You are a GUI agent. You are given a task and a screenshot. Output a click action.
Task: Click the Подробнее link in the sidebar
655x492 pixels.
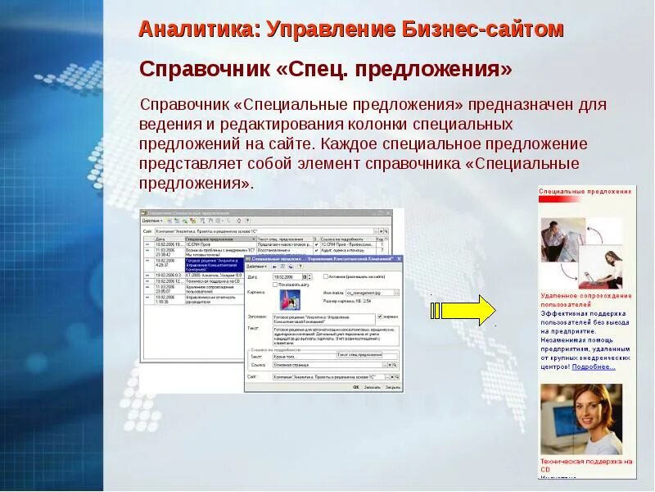(593, 367)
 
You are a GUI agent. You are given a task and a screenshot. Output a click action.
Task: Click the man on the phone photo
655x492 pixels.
(562, 239)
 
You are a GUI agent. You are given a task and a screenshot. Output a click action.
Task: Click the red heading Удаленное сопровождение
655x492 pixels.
(585, 295)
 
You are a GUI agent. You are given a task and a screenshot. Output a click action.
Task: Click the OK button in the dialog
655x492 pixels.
(356, 386)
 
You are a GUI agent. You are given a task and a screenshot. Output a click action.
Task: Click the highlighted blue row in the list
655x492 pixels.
(205, 262)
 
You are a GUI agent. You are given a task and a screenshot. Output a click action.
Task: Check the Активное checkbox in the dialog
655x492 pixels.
(325, 277)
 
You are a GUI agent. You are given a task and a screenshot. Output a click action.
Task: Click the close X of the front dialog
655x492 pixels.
(399, 258)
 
